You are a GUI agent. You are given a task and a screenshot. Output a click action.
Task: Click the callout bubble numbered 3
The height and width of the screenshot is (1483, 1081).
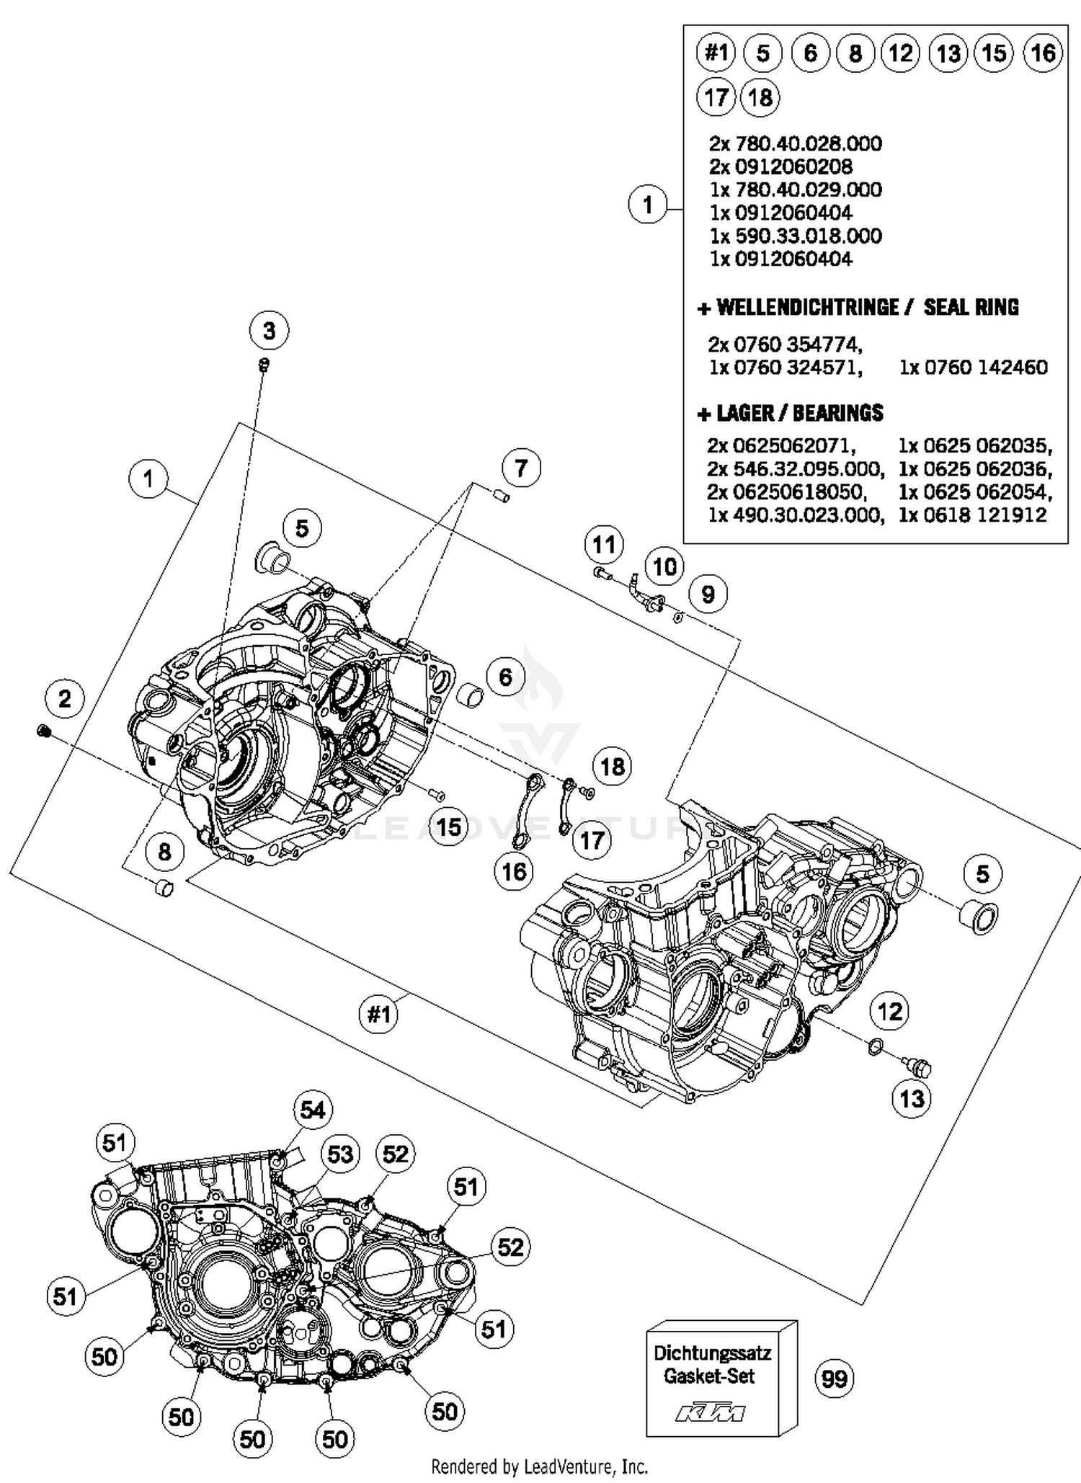click(x=269, y=331)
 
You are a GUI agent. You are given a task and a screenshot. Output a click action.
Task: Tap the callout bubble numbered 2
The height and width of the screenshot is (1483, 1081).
click(x=65, y=698)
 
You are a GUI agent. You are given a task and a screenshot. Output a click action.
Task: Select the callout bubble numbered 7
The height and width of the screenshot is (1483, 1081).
click(x=520, y=468)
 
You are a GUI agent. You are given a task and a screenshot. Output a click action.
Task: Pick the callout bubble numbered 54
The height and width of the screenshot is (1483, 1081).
click(x=313, y=1110)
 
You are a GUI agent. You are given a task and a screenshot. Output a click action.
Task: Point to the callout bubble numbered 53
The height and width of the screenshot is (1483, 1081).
click(x=340, y=1154)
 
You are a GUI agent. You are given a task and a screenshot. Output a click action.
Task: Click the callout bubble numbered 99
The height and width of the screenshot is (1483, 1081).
click(x=835, y=1379)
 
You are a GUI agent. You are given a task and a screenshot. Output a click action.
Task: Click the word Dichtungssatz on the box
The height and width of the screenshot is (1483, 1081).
click(x=712, y=1353)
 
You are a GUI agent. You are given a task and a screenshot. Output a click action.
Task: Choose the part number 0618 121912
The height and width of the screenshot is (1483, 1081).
click(x=973, y=515)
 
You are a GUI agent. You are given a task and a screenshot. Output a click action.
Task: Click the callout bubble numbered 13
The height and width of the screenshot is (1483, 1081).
click(x=912, y=1098)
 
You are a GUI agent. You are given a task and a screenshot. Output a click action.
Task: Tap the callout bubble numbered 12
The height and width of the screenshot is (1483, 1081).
click(x=890, y=1011)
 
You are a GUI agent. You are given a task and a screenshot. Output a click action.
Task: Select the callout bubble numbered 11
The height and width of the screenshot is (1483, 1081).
click(x=604, y=544)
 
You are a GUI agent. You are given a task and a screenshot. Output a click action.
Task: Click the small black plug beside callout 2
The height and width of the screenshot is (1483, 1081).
click(x=43, y=731)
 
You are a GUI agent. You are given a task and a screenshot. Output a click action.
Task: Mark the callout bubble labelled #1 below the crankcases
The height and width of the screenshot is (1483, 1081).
click(x=379, y=1015)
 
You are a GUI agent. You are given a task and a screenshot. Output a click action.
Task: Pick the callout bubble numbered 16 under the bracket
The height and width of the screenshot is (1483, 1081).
click(x=514, y=872)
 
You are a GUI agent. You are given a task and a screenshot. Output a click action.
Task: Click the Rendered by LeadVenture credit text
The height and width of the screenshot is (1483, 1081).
click(x=539, y=1466)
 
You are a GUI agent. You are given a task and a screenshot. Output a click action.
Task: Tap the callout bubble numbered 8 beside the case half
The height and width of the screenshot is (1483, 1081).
click(x=164, y=852)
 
